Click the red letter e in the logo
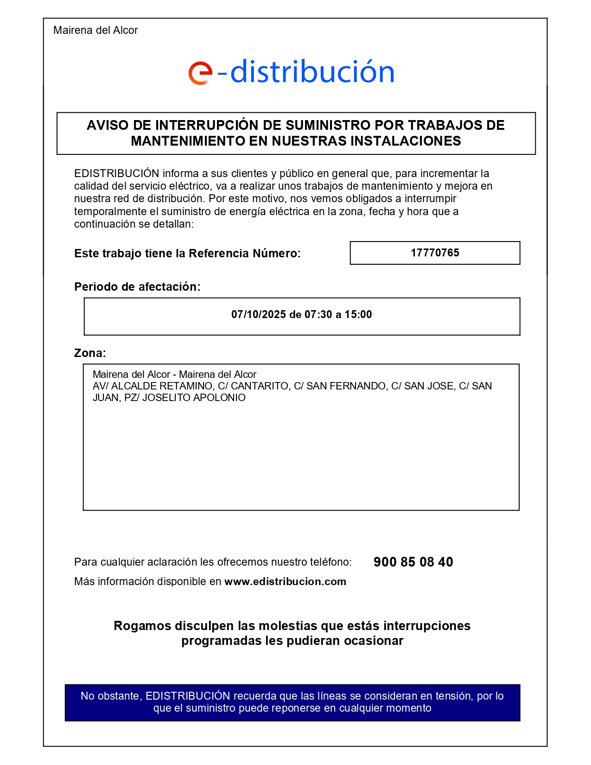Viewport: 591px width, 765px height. click(200, 73)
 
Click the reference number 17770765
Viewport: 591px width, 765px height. click(435, 253)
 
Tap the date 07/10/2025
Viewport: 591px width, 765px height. click(259, 314)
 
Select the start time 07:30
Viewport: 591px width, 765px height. click(318, 314)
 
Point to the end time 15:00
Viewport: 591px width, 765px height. click(358, 314)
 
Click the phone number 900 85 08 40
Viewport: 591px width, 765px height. click(413, 562)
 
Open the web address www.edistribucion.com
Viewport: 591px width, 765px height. click(285, 581)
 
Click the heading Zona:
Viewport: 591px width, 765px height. click(90, 353)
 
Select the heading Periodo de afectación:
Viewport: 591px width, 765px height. click(137, 287)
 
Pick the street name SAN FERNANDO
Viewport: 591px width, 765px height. click(347, 386)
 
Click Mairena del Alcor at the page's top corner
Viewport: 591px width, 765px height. click(95, 30)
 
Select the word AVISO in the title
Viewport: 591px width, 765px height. click(104, 125)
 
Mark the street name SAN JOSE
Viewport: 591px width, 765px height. click(429, 386)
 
